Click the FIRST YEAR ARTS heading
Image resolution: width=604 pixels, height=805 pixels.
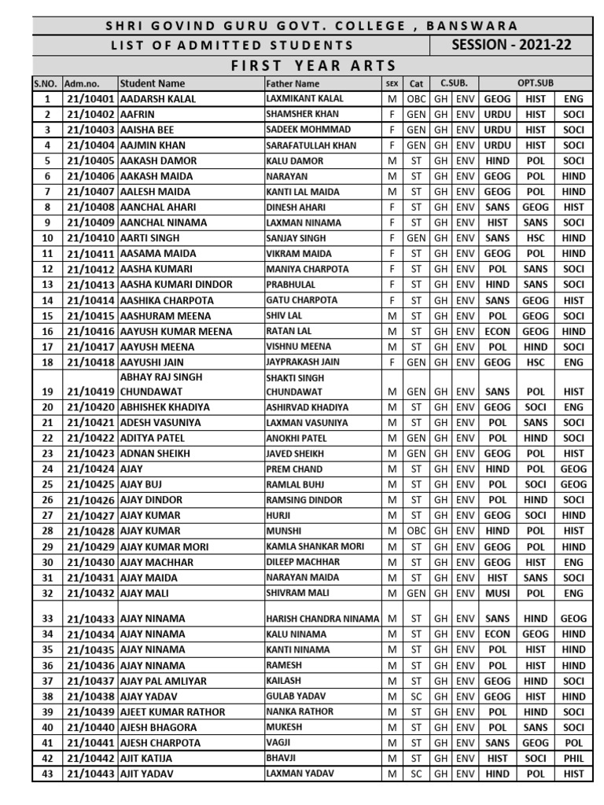[313, 65]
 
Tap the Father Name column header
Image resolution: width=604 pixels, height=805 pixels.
[293, 83]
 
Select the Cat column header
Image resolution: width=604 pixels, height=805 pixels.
[416, 83]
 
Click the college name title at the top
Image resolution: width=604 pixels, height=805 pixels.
[312, 26]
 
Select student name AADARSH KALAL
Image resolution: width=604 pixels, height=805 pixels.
[158, 99]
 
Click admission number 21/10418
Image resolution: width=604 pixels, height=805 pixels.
[89, 362]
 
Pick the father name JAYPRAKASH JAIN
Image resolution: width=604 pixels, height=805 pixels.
[303, 362]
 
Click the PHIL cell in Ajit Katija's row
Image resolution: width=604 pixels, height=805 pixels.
[573, 759]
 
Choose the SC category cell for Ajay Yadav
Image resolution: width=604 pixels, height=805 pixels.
[416, 697]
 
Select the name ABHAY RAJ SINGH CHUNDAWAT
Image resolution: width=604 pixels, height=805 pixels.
[161, 384]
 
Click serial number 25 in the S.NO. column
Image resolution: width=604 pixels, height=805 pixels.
[47, 484]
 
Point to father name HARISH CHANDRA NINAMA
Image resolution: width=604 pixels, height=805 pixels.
[322, 619]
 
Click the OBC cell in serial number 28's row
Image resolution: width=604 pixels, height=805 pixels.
[416, 531]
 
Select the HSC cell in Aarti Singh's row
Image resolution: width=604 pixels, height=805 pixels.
[536, 238]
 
